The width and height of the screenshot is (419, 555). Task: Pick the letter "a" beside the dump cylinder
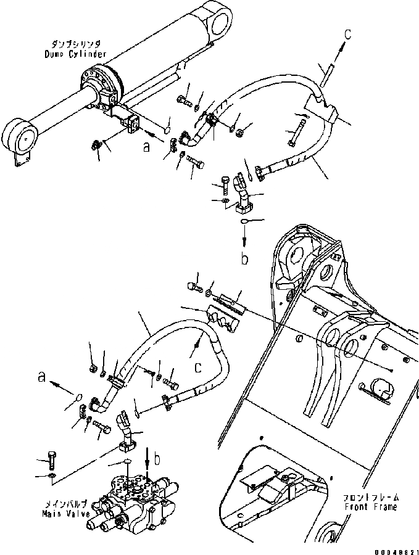point(146,147)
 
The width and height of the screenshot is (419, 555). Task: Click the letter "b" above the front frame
point(245,260)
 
